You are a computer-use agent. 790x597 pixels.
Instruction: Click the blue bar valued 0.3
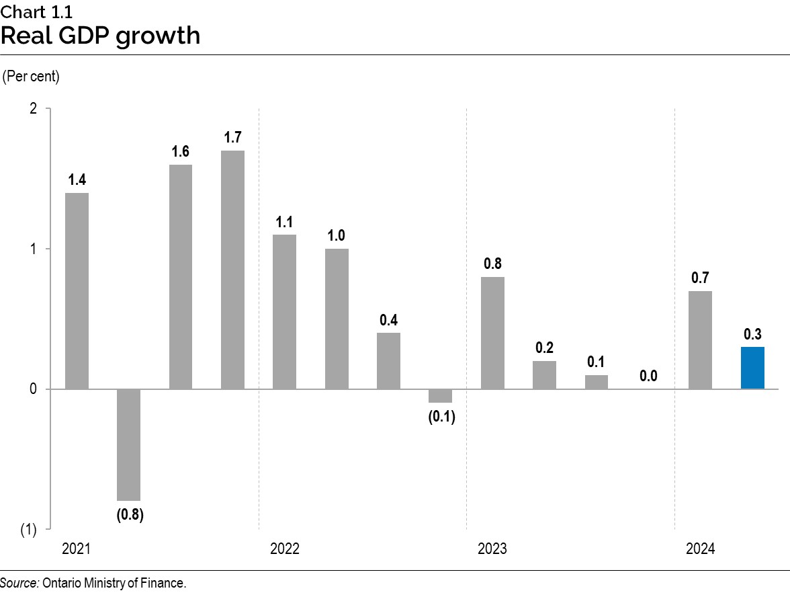752,368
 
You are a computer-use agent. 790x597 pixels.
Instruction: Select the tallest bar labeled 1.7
232,270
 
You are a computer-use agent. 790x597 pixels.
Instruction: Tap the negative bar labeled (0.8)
128,444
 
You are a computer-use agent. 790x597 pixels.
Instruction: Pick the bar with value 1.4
77,290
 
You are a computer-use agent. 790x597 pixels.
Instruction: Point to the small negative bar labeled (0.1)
440,395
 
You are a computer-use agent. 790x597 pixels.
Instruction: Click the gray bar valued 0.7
700,340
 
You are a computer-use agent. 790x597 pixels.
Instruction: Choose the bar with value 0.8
492,333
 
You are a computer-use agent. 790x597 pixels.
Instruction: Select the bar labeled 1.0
337,319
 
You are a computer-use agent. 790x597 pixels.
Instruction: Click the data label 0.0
648,376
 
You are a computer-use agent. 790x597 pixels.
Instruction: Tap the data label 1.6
180,151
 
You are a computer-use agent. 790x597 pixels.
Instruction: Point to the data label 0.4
388,320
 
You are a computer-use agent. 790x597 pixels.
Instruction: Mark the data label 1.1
284,222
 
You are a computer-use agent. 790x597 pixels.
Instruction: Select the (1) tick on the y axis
28,530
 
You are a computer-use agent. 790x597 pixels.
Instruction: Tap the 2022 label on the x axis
285,549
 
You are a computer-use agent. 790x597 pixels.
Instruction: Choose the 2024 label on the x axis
701,549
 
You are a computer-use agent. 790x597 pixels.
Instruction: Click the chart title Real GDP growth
100,35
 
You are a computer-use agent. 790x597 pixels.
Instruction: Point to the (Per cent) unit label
31,77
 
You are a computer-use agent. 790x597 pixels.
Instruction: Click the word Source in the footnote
19,583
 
